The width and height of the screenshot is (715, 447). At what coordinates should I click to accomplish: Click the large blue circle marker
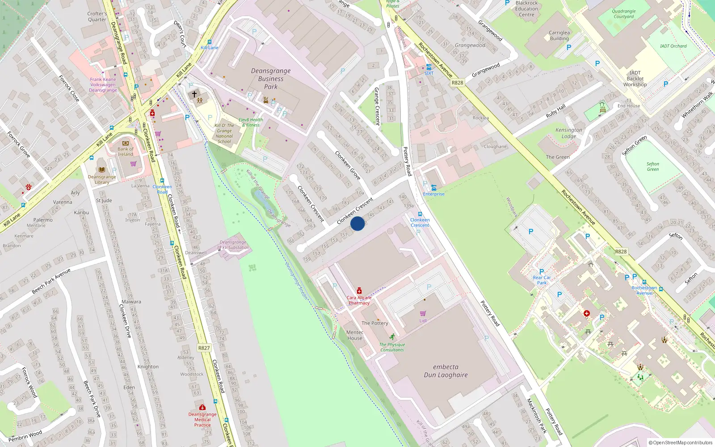point(357,223)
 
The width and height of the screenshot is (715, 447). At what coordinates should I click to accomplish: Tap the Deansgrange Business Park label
point(270,79)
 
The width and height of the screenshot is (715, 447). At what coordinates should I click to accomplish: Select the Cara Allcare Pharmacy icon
point(359,291)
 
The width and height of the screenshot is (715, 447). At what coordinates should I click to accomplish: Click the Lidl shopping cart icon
point(423,313)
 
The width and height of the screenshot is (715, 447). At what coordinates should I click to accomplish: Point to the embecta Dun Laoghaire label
point(446,371)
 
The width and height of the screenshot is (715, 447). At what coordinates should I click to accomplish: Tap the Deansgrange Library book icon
point(102,170)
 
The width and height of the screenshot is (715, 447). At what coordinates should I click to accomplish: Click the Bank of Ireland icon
point(125,143)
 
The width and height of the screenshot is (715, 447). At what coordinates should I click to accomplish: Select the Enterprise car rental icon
point(433,188)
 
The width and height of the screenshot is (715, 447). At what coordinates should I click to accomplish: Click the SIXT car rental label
point(429,73)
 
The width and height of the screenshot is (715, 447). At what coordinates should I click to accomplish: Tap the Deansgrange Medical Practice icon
point(202,407)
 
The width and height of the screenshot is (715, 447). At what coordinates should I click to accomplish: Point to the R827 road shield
point(204,348)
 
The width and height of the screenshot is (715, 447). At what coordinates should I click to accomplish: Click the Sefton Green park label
point(652,167)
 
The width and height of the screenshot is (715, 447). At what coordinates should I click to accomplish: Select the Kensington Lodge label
point(568,133)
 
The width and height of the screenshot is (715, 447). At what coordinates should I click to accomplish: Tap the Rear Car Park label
point(542,280)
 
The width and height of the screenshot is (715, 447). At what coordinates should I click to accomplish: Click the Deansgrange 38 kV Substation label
point(233,245)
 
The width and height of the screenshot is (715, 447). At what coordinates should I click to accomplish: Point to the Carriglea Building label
point(559,35)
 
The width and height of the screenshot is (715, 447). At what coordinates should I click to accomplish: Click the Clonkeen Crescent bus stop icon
point(420,214)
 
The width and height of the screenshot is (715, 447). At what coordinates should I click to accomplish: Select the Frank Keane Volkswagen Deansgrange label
point(103,84)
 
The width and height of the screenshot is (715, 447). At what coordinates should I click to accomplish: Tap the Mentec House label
point(355,335)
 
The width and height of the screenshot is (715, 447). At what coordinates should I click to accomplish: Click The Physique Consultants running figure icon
point(392,337)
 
